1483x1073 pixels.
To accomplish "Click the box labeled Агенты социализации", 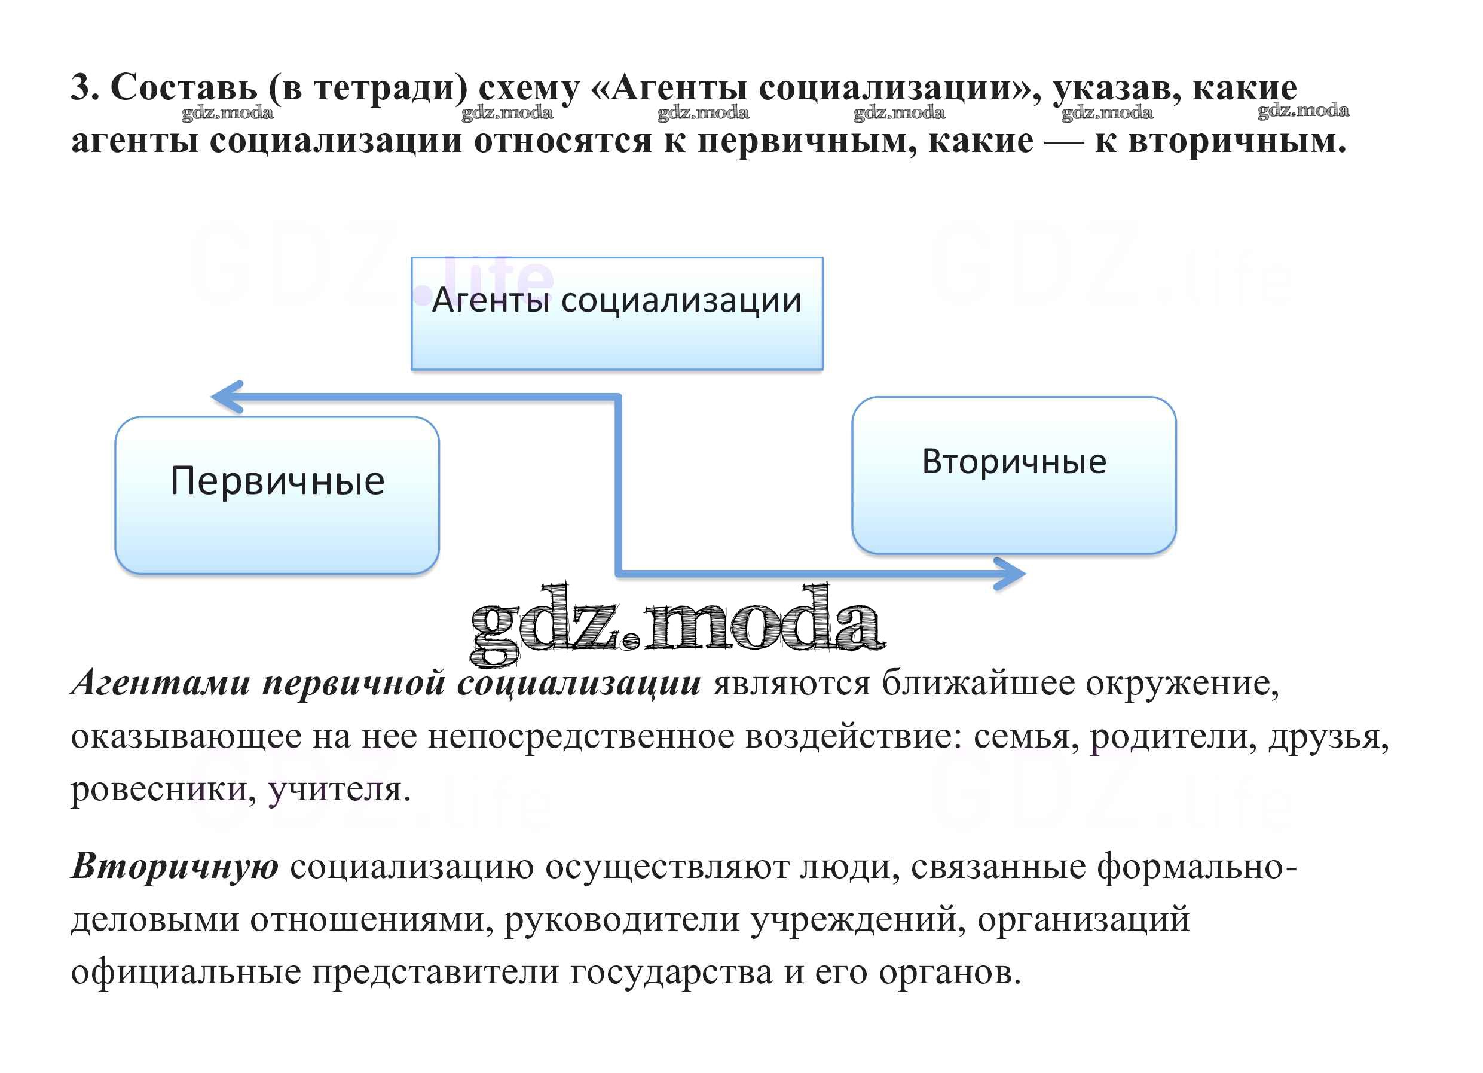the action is [x=617, y=313].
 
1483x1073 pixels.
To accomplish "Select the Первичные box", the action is [x=277, y=495].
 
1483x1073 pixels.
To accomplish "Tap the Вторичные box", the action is [x=1014, y=475].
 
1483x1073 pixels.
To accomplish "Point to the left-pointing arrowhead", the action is [x=228, y=397].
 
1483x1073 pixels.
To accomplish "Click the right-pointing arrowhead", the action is [x=1010, y=574].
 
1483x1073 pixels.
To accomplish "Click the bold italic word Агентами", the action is [x=160, y=683].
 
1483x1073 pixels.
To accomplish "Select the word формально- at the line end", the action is [x=1197, y=868].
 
